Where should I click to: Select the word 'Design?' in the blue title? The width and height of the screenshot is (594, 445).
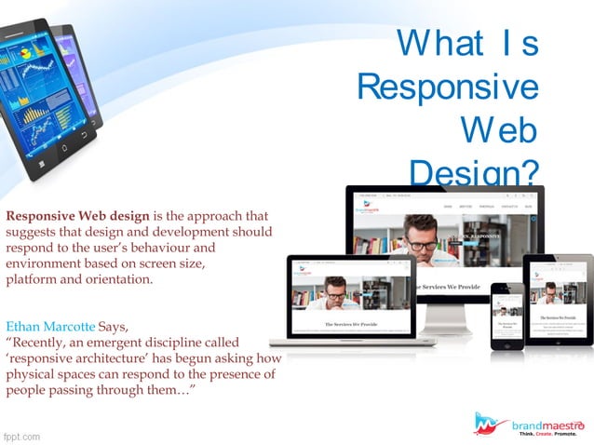click(x=474, y=170)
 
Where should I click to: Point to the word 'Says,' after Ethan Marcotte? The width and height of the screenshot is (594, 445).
click(x=117, y=327)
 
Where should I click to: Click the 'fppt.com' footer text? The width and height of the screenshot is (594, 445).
click(x=21, y=435)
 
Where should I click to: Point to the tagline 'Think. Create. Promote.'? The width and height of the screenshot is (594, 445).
click(x=547, y=435)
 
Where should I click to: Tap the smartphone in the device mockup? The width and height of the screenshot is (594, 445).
click(x=506, y=317)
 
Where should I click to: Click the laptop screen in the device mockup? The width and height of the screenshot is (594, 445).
click(x=349, y=297)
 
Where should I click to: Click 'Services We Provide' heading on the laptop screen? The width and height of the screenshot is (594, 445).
click(x=349, y=324)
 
